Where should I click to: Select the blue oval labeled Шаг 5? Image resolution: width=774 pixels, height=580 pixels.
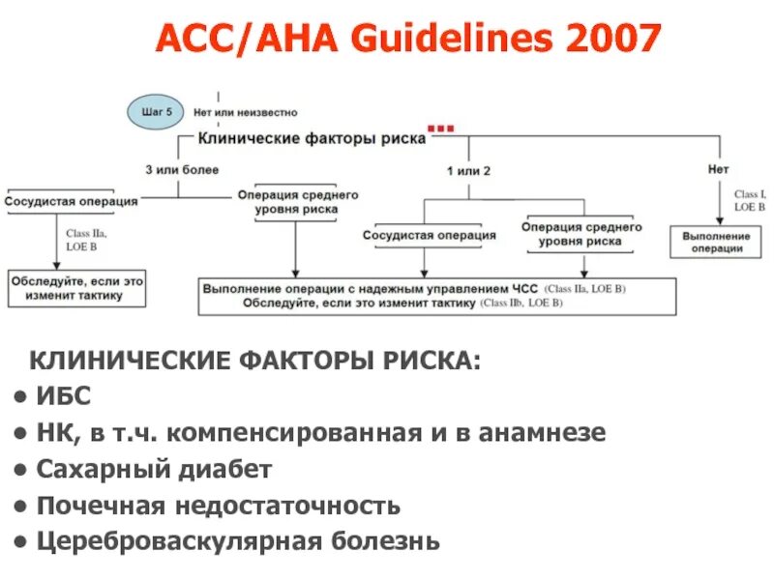(x=156, y=112)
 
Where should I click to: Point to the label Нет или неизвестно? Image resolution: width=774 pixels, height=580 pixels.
(x=246, y=113)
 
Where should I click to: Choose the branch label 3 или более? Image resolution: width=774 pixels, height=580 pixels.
(x=183, y=169)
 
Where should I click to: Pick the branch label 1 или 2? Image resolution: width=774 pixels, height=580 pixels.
(x=468, y=170)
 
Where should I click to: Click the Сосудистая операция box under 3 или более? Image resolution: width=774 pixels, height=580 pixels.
(x=72, y=202)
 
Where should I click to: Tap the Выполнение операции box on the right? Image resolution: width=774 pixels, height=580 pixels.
(x=716, y=242)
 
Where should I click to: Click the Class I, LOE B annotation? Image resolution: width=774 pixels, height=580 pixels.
(x=750, y=200)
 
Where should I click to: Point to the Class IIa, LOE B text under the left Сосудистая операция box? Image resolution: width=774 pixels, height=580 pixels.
(x=87, y=241)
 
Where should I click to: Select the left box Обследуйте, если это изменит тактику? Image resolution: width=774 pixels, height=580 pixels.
(x=77, y=288)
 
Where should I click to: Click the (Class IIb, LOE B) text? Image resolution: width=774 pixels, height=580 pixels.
(x=521, y=304)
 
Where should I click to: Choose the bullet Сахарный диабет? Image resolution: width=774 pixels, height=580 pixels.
(x=155, y=469)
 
